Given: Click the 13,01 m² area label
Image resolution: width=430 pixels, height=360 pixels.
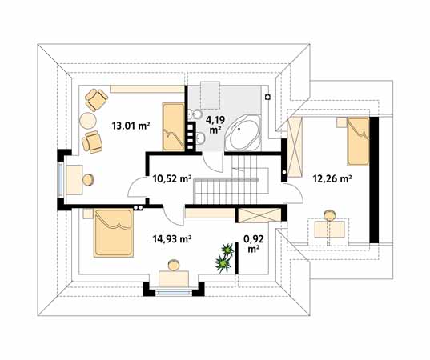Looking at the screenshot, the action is (x=131, y=126).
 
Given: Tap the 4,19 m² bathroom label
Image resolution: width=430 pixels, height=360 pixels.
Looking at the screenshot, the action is (x=215, y=125).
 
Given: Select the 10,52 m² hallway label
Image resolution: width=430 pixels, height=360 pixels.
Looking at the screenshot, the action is (x=172, y=179).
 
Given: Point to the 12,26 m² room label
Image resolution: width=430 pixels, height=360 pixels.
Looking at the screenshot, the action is (x=332, y=179).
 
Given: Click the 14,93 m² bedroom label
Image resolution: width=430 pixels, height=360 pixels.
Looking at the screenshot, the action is (x=172, y=239).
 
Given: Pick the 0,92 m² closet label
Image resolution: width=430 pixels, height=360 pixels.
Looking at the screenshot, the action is (x=254, y=244).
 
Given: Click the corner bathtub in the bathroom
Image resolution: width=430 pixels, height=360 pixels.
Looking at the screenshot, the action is (x=243, y=133).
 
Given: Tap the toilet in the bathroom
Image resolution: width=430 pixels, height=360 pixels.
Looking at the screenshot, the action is (x=195, y=114).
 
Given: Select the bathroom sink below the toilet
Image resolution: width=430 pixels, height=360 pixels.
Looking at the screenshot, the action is (x=199, y=138).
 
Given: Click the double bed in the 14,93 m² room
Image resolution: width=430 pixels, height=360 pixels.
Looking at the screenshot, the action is (x=114, y=233).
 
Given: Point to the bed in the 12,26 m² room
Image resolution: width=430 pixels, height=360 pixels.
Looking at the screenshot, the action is (x=358, y=142).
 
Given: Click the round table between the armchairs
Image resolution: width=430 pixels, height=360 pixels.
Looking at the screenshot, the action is (x=88, y=121).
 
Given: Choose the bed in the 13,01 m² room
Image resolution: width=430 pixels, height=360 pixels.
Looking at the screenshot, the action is (x=173, y=127).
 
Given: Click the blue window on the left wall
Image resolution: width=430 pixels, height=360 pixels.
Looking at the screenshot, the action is (x=61, y=179).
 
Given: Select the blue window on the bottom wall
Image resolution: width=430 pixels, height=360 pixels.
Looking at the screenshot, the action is (x=174, y=293).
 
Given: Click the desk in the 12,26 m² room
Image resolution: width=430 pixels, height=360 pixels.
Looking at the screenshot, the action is (x=329, y=230).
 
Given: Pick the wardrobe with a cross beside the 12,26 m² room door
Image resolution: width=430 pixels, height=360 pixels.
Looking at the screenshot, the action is (x=294, y=147).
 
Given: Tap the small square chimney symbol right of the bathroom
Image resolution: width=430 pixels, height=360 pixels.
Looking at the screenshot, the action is (x=268, y=97).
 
